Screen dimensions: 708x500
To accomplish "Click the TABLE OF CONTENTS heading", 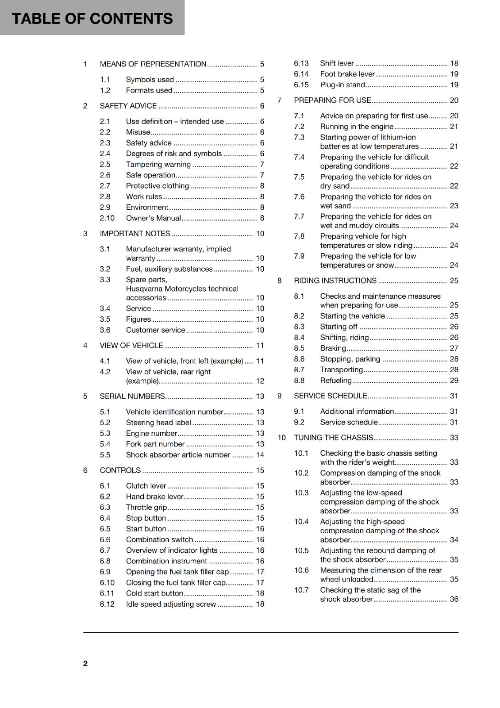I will pos(92,19).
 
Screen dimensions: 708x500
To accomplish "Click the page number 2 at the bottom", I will pos(85,663).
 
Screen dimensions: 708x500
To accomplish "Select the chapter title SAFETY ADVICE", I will pos(128,106).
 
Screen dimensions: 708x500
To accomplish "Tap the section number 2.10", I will pos(107,218).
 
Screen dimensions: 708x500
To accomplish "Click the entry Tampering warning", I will pos(158,165).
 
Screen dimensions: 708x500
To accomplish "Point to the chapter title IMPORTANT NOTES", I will pos(135,234).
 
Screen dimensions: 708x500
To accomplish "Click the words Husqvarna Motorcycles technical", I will pos(182,289).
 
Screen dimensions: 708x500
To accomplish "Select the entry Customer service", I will pos(155,330).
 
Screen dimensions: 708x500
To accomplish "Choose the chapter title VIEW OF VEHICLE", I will pos(131,346).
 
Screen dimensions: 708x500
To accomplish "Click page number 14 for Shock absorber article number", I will pos(260,455).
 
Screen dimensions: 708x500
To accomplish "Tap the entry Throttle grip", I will pos(146,508).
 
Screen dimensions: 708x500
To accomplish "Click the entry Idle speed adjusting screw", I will pos(171,604).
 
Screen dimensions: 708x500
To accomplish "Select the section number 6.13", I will pos(301,63).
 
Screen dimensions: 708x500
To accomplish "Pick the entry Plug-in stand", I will pos(342,85).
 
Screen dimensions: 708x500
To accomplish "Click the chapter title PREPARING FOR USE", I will pos(332,100).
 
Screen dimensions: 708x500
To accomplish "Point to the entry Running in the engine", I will pos(357,127).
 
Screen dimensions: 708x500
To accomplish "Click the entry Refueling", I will pos(335,381).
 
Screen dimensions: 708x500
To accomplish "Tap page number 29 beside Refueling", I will pos(454,381).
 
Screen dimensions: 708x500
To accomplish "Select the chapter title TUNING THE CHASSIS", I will pos(333,438).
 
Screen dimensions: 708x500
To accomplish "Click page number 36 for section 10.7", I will pos(454,599).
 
